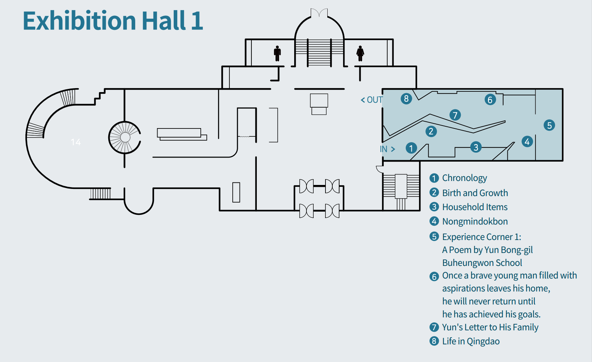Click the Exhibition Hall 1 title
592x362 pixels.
pos(113,21)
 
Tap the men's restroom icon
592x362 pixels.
pos(277,53)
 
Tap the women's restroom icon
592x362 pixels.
pos(360,53)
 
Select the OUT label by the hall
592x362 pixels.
pos(372,100)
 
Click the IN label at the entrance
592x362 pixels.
pos(387,149)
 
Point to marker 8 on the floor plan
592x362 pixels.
pos(406,99)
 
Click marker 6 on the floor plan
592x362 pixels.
pos(490,100)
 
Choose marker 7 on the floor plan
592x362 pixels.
pos(455,115)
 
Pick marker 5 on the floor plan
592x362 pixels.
pos(549,125)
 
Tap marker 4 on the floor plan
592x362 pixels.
pos(527,142)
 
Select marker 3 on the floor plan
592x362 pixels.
pos(476,147)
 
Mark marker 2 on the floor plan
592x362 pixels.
pos(431,131)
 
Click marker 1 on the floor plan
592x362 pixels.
pos(411,148)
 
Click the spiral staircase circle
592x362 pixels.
pos(109,137)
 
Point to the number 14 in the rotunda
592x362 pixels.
pos(76,142)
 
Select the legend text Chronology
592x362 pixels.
pos(464,178)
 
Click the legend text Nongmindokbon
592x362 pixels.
pos(475,221)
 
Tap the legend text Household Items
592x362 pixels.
pos(475,207)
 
